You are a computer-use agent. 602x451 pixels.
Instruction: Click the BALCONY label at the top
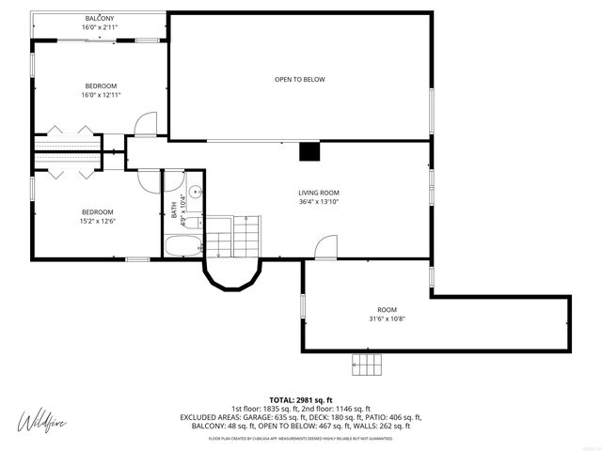[101, 19]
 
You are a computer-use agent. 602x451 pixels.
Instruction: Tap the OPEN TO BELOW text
[299, 80]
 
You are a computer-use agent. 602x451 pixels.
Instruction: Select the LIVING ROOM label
[318, 193]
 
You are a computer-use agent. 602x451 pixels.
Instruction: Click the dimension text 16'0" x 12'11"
[101, 95]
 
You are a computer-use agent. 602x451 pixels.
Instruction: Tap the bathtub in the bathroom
[182, 246]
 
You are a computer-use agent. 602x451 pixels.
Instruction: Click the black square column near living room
[309, 152]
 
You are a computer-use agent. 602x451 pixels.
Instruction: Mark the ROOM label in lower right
[388, 310]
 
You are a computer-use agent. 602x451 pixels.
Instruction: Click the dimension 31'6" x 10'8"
[388, 319]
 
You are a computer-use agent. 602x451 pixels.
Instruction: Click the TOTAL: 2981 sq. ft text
[301, 400]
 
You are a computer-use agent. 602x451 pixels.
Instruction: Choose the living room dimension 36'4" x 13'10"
[318, 202]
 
